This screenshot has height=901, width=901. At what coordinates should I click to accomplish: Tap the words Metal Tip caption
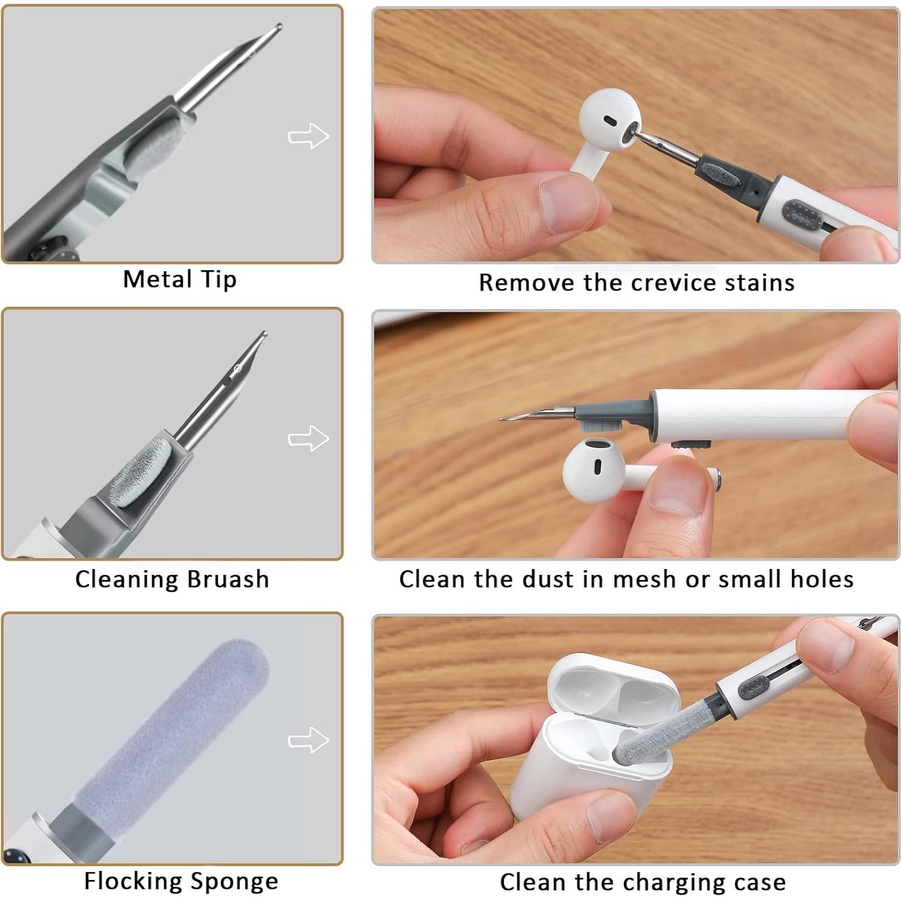(x=179, y=280)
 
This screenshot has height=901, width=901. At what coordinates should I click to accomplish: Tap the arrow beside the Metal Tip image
(x=309, y=136)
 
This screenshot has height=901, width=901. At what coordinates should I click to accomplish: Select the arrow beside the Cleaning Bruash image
(x=309, y=438)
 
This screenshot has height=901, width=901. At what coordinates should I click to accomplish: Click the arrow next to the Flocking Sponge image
(x=309, y=740)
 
